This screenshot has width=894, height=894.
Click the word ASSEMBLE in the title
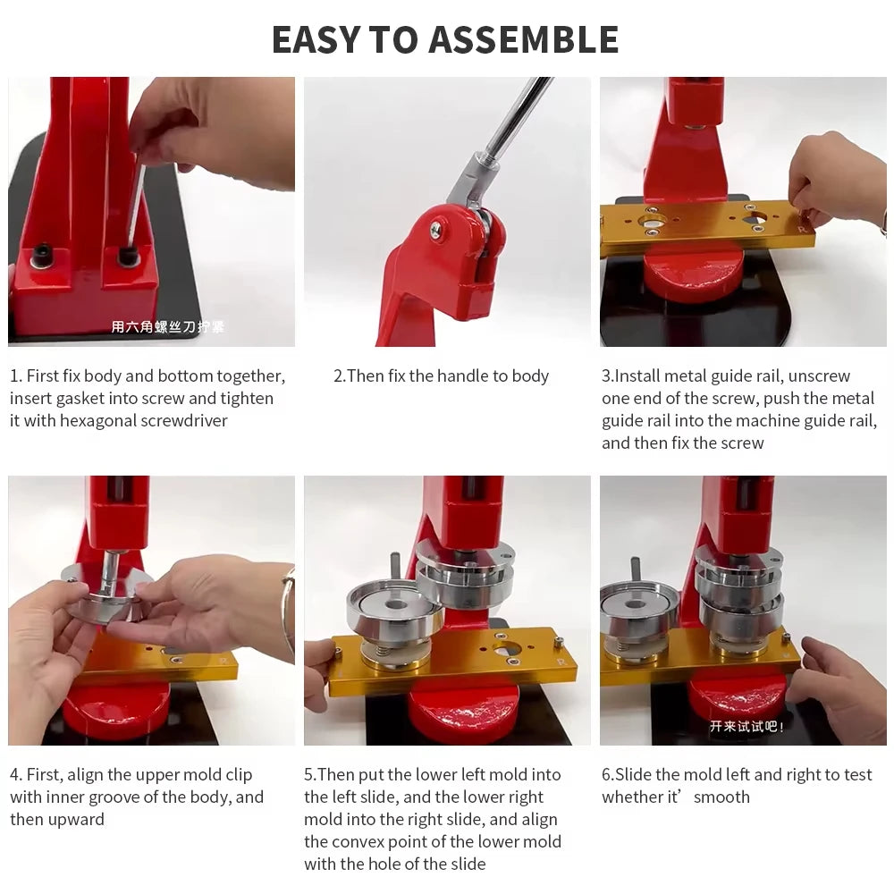point(523,39)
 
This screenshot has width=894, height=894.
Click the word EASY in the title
point(316,39)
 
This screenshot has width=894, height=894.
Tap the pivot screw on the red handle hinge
point(435,229)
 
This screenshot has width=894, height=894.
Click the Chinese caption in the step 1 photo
point(168,326)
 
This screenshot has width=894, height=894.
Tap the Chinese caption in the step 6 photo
point(746,726)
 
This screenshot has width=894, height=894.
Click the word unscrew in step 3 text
point(819,376)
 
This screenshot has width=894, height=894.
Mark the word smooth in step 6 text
point(721,797)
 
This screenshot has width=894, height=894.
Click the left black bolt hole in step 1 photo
point(42,255)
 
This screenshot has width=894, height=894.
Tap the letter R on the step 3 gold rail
point(803,229)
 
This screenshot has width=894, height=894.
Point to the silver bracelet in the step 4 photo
point(289,607)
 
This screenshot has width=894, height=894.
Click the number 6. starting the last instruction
point(608,775)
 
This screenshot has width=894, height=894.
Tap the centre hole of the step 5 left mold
point(396,604)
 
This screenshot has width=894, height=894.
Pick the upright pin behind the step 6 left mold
point(635,570)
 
